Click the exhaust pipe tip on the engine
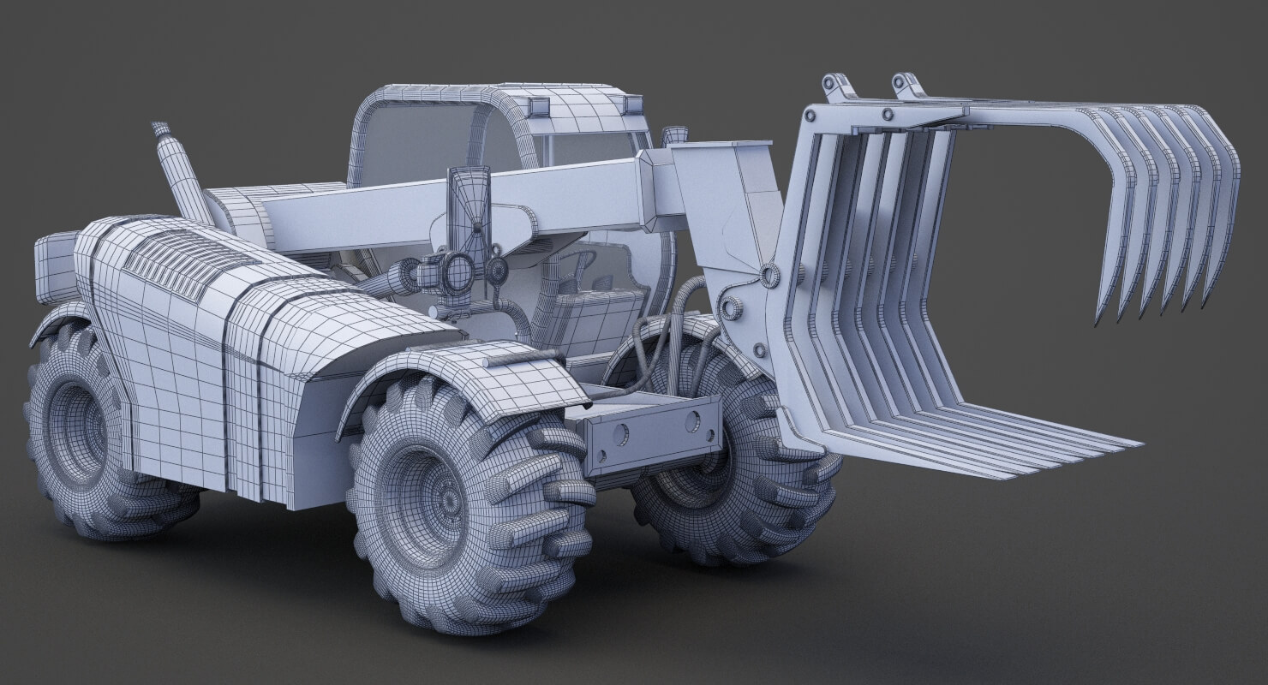[x=160, y=130]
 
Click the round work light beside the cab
[x=455, y=271]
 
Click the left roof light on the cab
[x=540, y=105]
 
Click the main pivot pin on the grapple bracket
[x=768, y=274]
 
